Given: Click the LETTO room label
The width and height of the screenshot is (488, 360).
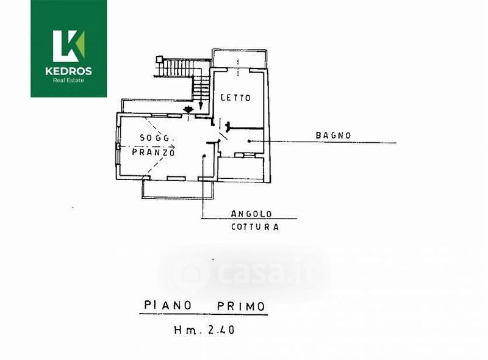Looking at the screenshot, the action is click(235, 98).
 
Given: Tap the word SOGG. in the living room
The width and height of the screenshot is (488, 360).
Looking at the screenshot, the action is click(155, 138).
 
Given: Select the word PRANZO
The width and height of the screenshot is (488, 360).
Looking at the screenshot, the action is click(153, 153).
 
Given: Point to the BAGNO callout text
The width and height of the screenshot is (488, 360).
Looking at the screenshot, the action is click(333, 135).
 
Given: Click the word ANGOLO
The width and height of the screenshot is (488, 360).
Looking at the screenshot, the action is click(251, 214).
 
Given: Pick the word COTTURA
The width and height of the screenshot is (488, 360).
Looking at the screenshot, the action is click(255, 227).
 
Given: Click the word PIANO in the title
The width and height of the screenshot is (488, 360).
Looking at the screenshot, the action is click(167, 305).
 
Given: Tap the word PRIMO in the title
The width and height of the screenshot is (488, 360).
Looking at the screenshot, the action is click(241, 306).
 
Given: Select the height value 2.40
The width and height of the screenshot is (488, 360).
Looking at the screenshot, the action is click(221, 329).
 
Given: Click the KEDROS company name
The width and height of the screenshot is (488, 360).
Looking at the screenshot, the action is click(68, 71).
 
